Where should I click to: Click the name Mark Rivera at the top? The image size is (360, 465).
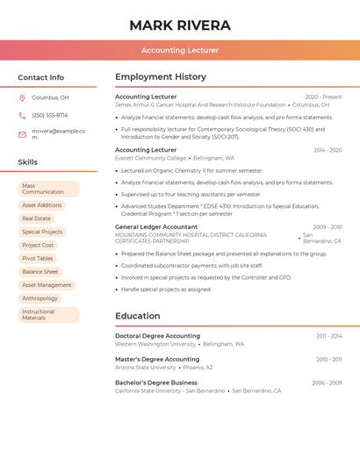(180, 25)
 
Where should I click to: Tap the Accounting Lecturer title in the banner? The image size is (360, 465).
(180, 50)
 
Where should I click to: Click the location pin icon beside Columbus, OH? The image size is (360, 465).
(22, 97)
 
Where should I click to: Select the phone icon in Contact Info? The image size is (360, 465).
(22, 115)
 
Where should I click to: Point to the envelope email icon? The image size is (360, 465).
(22, 134)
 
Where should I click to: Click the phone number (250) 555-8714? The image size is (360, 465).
(49, 115)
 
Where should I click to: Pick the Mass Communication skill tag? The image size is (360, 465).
(48, 189)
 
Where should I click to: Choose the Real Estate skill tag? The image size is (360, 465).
(36, 218)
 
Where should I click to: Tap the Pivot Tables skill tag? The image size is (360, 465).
(38, 259)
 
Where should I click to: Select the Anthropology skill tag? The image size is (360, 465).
(40, 298)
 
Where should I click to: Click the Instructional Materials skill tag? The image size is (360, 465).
(48, 314)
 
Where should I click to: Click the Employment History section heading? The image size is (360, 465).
(161, 77)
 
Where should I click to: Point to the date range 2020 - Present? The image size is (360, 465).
(323, 97)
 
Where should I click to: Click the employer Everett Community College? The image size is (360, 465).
(150, 158)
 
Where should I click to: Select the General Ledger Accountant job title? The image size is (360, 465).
(156, 226)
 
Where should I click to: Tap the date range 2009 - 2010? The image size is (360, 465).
(328, 226)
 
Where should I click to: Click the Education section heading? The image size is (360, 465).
(138, 316)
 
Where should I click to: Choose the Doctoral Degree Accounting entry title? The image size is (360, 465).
(157, 336)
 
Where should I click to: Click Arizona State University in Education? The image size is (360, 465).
(145, 368)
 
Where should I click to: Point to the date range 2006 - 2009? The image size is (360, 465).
(327, 383)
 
